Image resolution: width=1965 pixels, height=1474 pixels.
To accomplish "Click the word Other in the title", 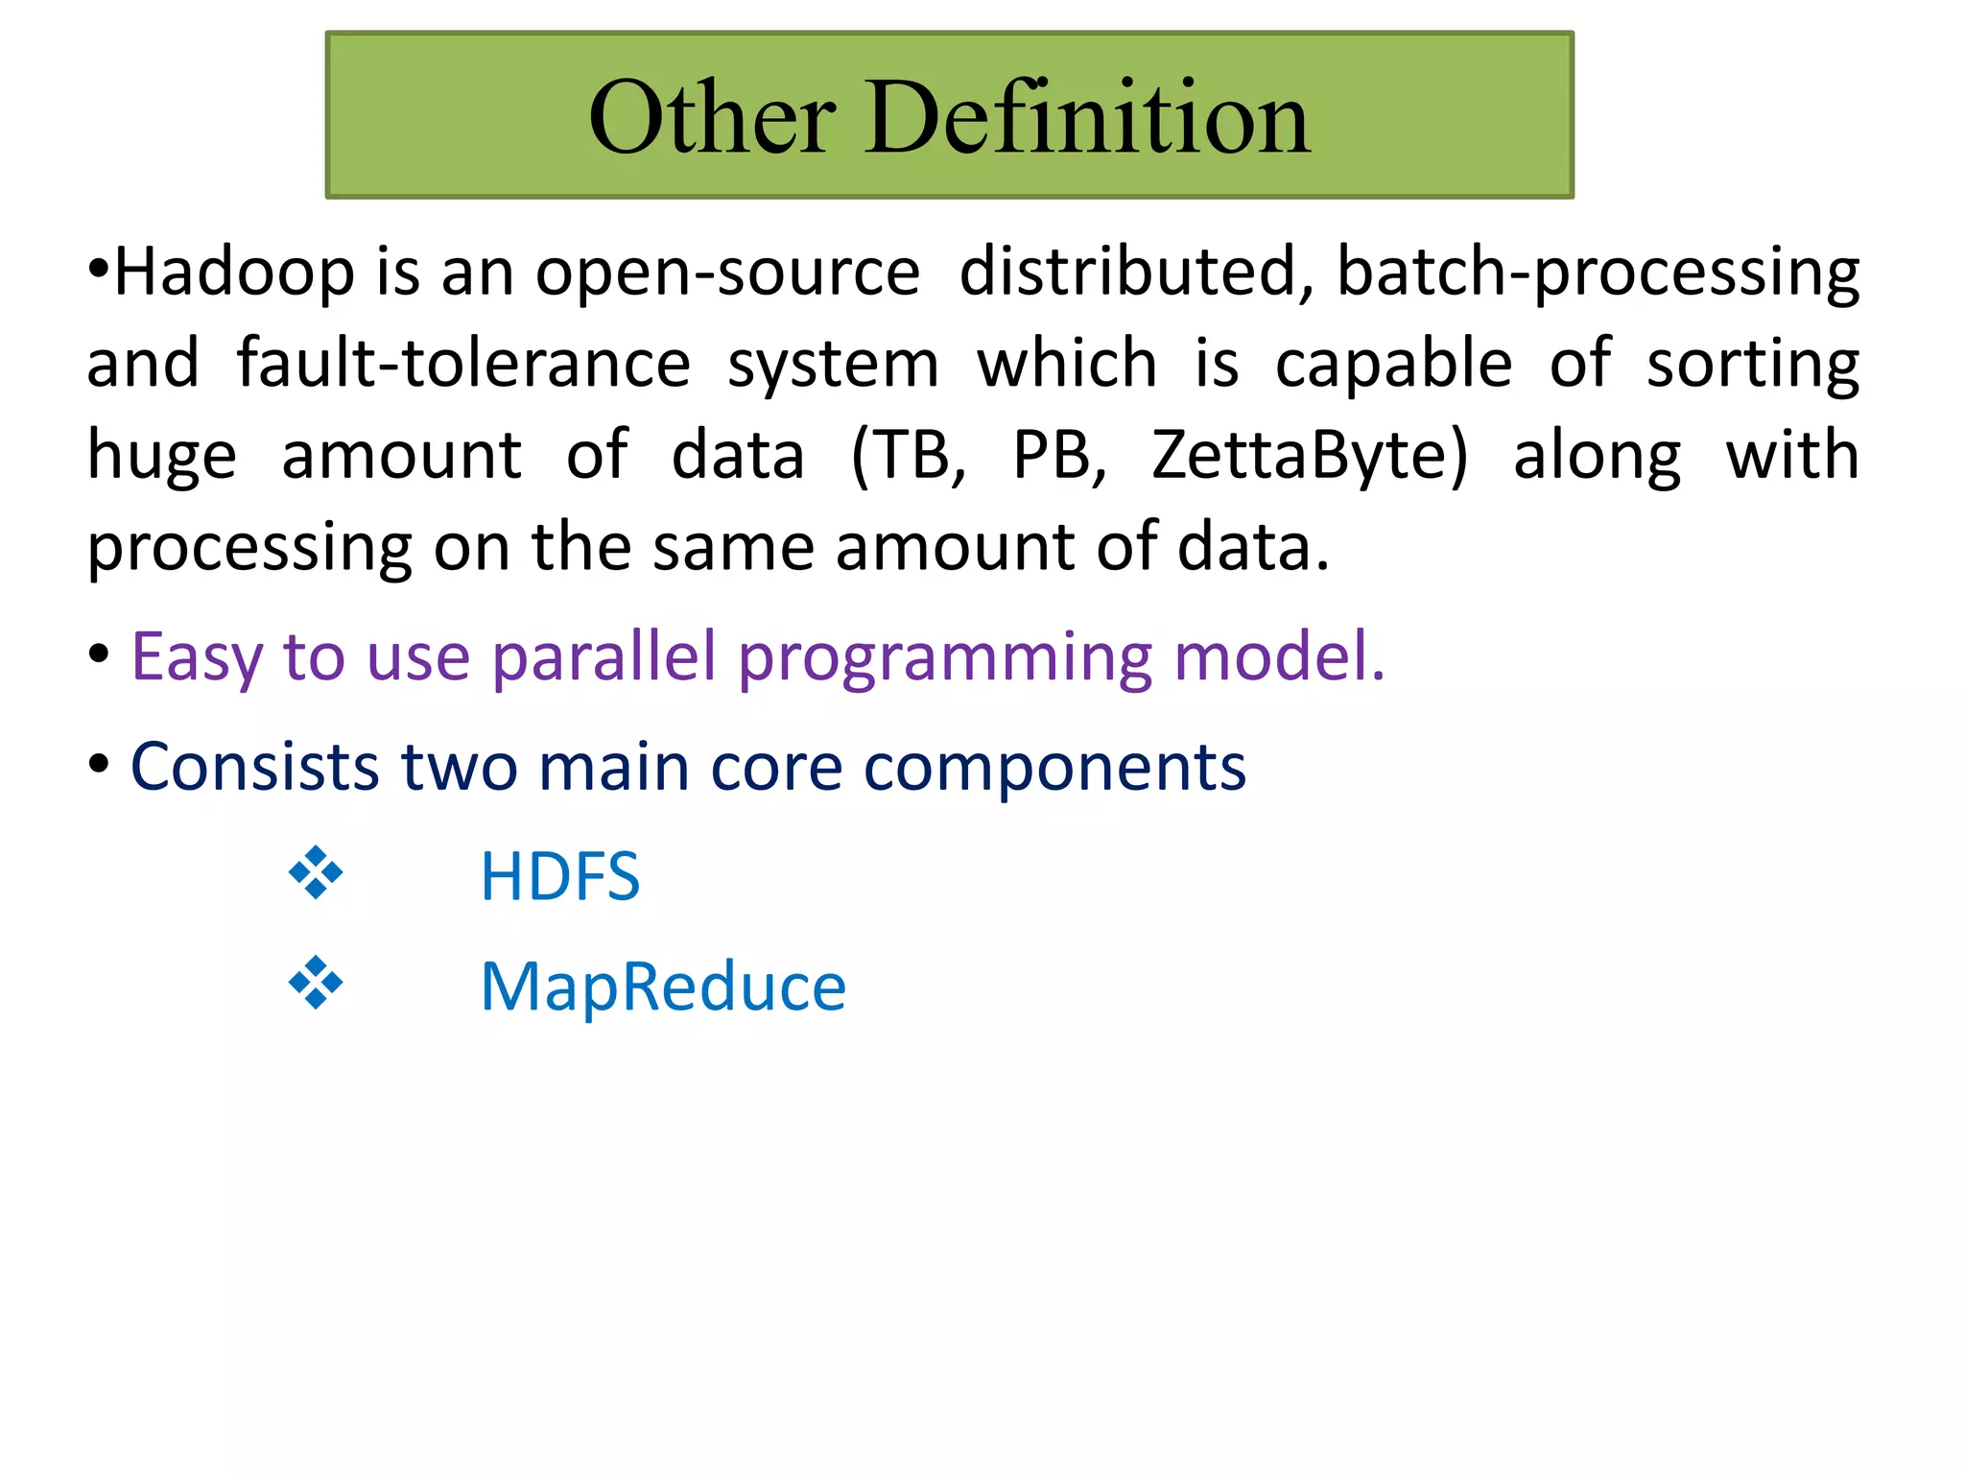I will [712, 117].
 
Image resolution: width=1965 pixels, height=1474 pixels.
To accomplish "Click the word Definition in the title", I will [1088, 117].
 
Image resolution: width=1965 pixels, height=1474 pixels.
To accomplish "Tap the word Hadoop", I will [234, 273].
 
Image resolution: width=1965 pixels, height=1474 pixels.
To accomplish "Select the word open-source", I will [727, 274].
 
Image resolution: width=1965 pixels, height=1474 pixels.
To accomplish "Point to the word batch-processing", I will [1598, 274].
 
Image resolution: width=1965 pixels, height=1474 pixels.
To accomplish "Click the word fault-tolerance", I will [463, 365].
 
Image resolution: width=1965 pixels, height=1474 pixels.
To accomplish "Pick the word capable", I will [1393, 365].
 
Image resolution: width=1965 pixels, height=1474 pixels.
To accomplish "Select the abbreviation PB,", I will [1059, 457].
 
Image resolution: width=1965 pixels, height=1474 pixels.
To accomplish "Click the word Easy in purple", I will [196, 660].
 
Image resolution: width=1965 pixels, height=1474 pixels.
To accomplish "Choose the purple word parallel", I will [604, 658].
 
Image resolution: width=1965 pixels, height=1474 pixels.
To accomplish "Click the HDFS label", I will [560, 877].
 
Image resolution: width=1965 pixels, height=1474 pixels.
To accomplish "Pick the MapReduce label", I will [663, 988].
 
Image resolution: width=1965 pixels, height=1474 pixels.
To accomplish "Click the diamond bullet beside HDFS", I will [316, 873].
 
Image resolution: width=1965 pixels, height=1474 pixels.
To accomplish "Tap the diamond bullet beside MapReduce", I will [316, 984].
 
